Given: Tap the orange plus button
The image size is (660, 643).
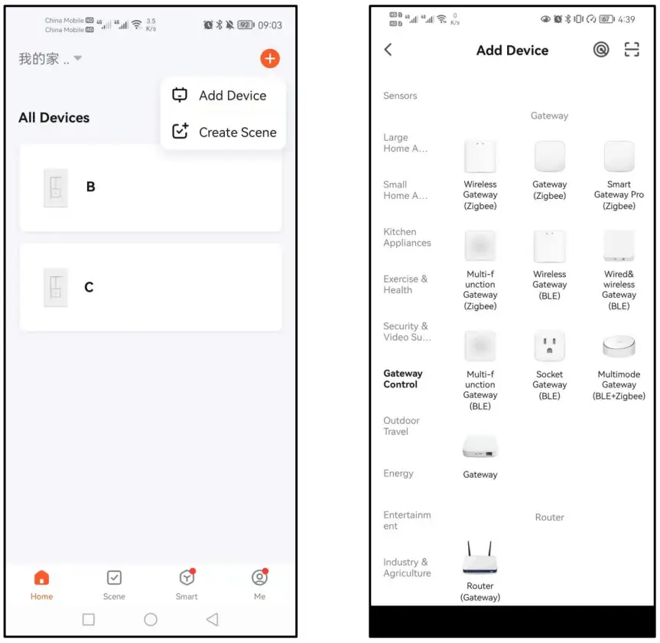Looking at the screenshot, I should pos(270,58).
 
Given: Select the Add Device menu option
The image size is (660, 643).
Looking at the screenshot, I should pos(223,96).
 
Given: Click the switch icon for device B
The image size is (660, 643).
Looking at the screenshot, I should pos(56,188).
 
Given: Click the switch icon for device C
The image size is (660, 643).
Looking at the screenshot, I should pos(55,288).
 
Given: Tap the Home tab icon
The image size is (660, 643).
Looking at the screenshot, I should pos(42,579).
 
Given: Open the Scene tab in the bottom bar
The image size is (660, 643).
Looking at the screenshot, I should pos(114,579).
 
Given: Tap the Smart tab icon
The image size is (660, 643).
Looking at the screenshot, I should pos(186,579).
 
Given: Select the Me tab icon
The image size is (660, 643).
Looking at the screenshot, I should pos(259,579).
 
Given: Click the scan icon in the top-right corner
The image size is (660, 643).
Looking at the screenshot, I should pos(631,50).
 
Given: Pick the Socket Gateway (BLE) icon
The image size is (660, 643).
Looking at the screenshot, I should pos(549,346).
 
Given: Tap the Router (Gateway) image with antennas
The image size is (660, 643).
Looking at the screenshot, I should pos(480,560).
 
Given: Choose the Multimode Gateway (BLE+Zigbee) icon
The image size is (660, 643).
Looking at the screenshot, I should pos(619,347).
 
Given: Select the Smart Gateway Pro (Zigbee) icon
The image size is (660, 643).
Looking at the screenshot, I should pos(619,157).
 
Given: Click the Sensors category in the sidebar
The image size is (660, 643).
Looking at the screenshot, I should pos(400,96).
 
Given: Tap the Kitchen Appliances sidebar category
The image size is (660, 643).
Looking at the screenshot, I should pos(407,237).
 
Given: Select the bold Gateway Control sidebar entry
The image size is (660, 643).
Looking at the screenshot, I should pos(403,379).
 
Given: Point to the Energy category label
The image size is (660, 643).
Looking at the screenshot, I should pos(398,474).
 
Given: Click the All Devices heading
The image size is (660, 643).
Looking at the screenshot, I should pos(54,118).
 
